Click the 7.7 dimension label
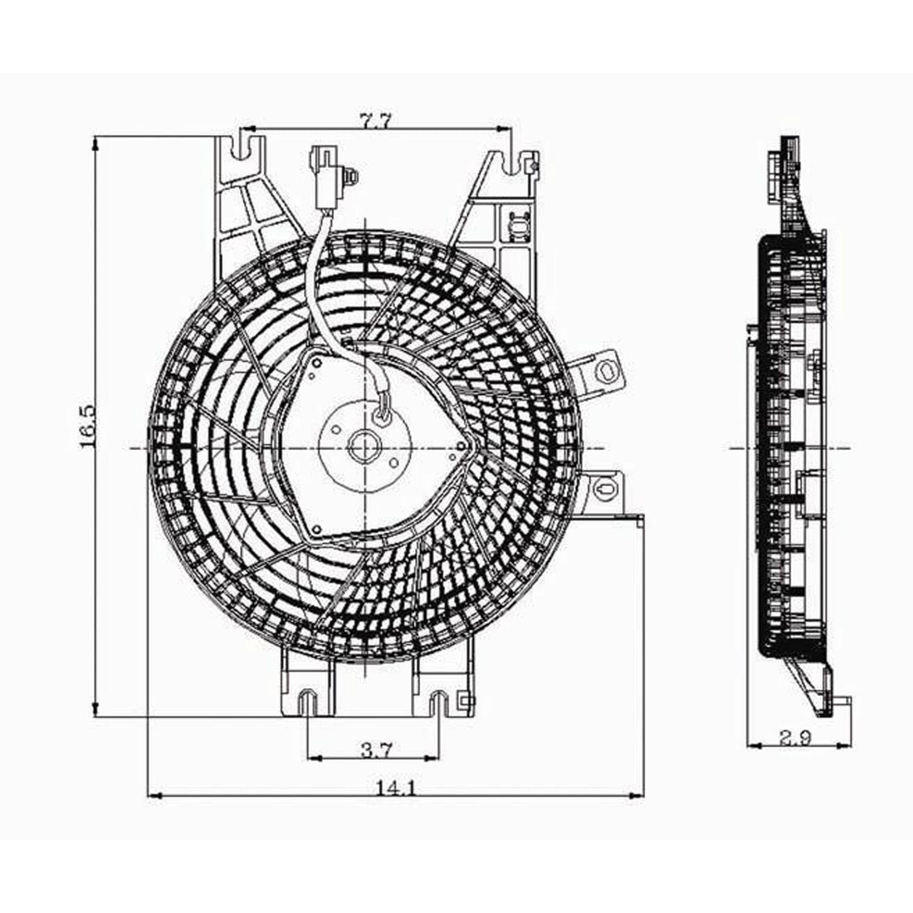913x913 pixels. click(375, 121)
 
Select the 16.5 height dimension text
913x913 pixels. click(89, 427)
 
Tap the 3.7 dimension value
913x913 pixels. click(376, 750)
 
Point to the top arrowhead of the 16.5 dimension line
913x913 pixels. click(97, 144)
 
